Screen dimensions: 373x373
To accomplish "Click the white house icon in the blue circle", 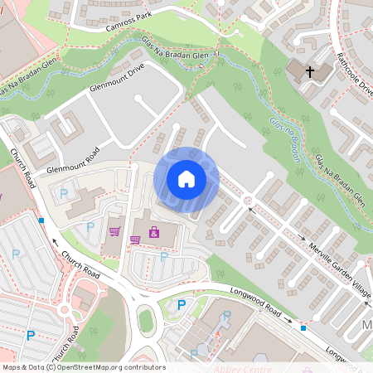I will (x=186, y=177).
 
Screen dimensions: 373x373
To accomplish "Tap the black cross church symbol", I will (x=310, y=72).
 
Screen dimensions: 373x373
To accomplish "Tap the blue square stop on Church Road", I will (x=41, y=220).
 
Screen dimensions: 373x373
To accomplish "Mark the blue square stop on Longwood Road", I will (x=303, y=328).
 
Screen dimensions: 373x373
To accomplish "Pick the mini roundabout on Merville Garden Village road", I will (x=248, y=201).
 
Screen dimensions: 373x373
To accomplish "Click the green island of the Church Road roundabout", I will (x=146, y=319).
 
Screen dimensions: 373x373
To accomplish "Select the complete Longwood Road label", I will (x=252, y=304).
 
